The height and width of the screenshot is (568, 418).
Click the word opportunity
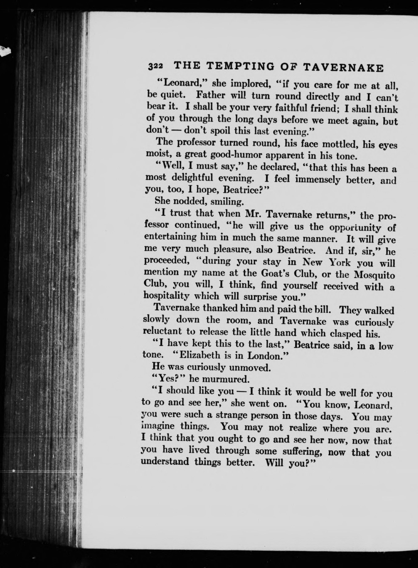click(355, 228)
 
